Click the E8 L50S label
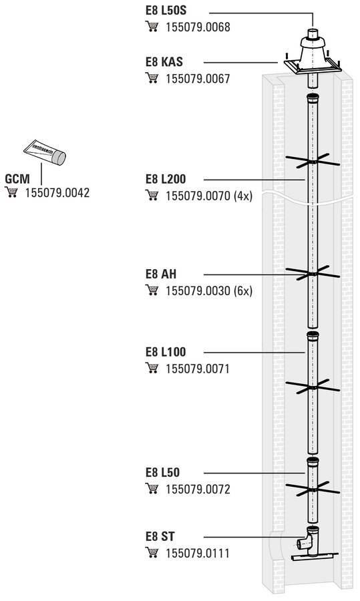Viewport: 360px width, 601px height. pos(166,10)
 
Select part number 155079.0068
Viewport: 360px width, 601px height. pos(198,27)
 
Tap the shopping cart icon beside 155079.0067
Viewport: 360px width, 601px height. pos(152,78)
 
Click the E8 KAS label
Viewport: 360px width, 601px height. pos(164,61)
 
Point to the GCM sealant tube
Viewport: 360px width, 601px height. pos(45,152)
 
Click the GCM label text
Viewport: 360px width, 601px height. pos(17,178)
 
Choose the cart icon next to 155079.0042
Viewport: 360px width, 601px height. pos(11,192)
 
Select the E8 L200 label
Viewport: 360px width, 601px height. pos(166,179)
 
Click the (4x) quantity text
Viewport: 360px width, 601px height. pos(243,196)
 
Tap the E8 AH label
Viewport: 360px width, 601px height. pos(161,274)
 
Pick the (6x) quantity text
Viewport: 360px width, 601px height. pos(243,291)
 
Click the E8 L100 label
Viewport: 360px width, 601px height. pos(166,352)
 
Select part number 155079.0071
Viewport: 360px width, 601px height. pos(198,369)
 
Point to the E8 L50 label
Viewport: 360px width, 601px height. pos(162,472)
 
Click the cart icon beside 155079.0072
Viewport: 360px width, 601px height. pos(152,489)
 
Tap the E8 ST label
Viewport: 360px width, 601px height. pos(160,536)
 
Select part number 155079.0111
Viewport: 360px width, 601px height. pos(198,554)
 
